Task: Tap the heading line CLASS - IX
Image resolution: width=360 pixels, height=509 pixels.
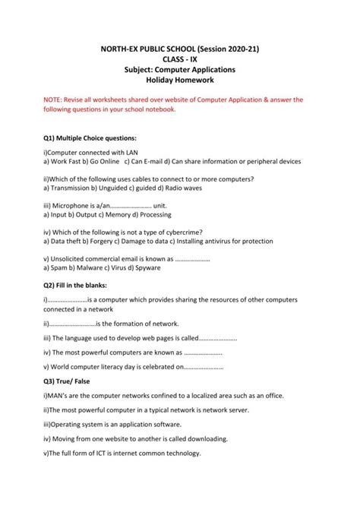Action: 180,58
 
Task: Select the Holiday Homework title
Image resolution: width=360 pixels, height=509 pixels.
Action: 180,80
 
